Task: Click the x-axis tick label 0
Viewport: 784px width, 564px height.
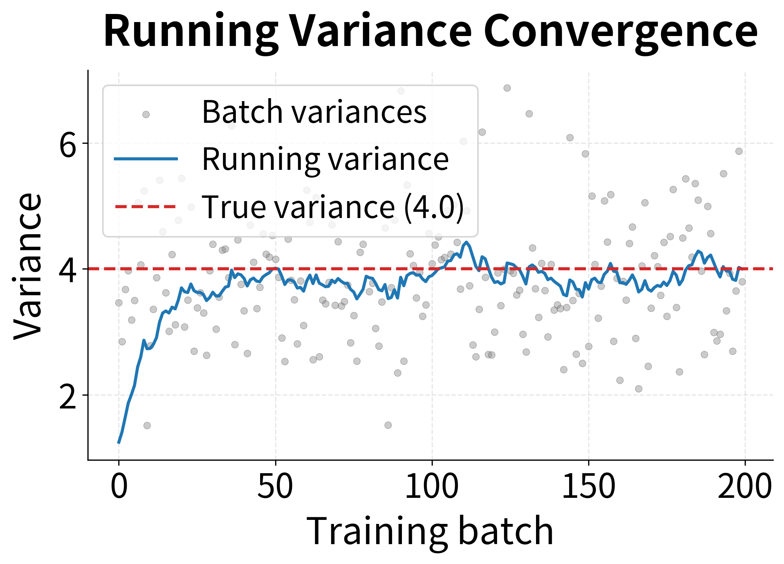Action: click(x=119, y=486)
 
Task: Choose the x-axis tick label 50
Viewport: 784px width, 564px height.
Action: click(x=275, y=486)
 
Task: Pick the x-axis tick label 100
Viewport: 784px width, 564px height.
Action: click(x=432, y=486)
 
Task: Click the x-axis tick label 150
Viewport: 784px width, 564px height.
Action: click(x=588, y=486)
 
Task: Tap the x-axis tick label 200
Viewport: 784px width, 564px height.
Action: click(x=745, y=486)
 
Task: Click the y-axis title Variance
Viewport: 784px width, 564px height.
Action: click(x=28, y=265)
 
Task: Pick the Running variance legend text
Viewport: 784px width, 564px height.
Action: click(x=325, y=159)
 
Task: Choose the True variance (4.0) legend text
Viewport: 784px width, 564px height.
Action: click(x=332, y=207)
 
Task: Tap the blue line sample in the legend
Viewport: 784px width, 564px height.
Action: click(x=146, y=159)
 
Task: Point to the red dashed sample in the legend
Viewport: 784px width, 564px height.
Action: click(x=146, y=207)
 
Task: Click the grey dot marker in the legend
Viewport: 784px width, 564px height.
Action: click(x=146, y=114)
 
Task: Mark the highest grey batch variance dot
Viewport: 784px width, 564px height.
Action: click(x=507, y=88)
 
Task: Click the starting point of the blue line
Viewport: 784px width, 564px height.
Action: click(x=118, y=443)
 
